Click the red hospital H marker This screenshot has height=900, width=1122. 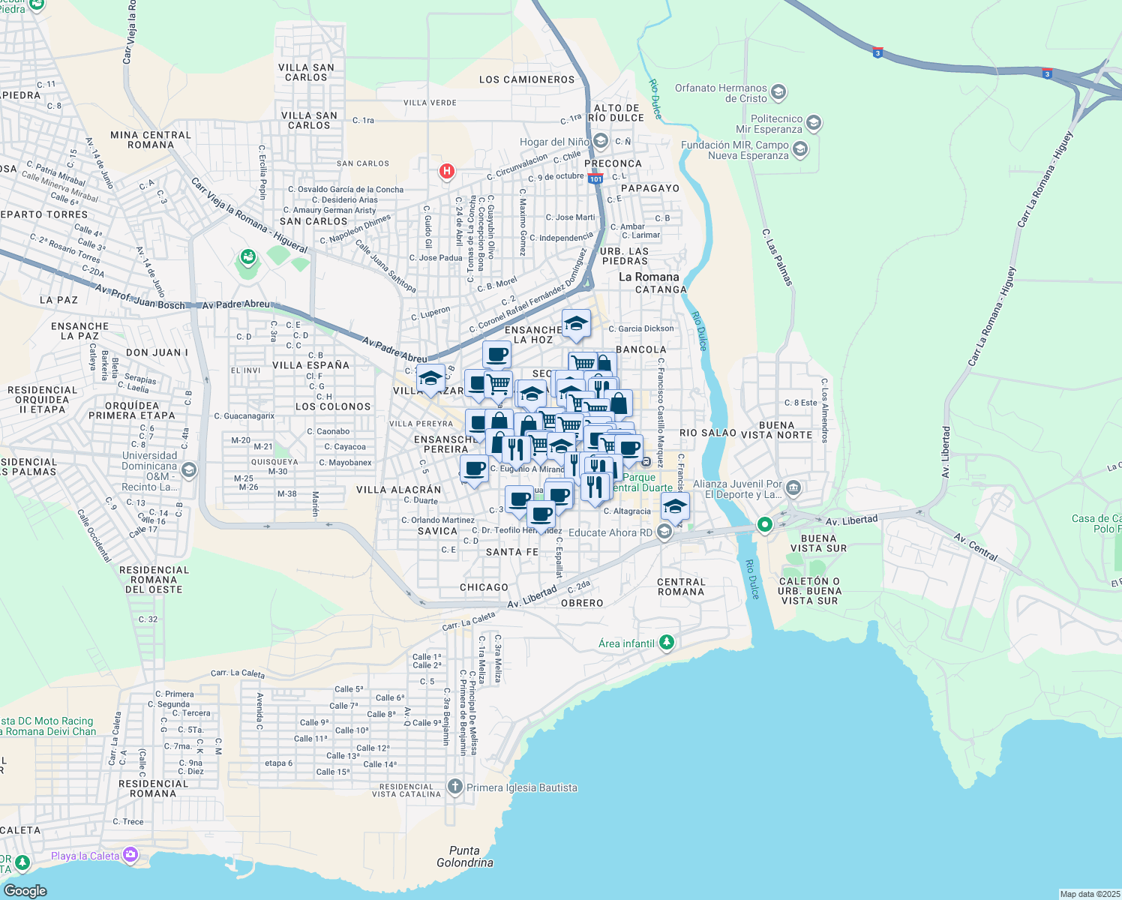[x=447, y=172]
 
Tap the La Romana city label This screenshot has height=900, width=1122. [x=649, y=277]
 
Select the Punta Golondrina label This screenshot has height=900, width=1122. [x=465, y=856]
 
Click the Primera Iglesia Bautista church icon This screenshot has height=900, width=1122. [x=455, y=787]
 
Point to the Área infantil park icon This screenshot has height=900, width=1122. [x=667, y=643]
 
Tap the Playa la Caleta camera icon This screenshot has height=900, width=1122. [x=130, y=855]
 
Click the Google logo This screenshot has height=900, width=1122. [x=25, y=890]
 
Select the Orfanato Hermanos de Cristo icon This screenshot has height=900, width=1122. [x=778, y=93]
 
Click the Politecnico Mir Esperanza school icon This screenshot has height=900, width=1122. [x=814, y=123]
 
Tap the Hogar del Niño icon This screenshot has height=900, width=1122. [x=600, y=141]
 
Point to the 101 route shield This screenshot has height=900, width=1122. [x=595, y=178]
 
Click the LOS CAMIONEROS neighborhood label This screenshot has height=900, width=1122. [x=526, y=79]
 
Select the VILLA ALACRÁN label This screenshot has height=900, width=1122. [x=398, y=490]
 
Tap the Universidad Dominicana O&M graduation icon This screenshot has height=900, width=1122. [x=189, y=470]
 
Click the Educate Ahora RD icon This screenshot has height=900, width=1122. [x=664, y=532]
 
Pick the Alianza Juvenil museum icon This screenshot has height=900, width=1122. [x=793, y=489]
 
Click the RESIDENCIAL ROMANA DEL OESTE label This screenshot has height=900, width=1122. [x=154, y=580]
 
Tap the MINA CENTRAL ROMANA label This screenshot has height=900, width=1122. [x=151, y=139]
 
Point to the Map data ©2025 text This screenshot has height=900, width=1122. [x=1088, y=894]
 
